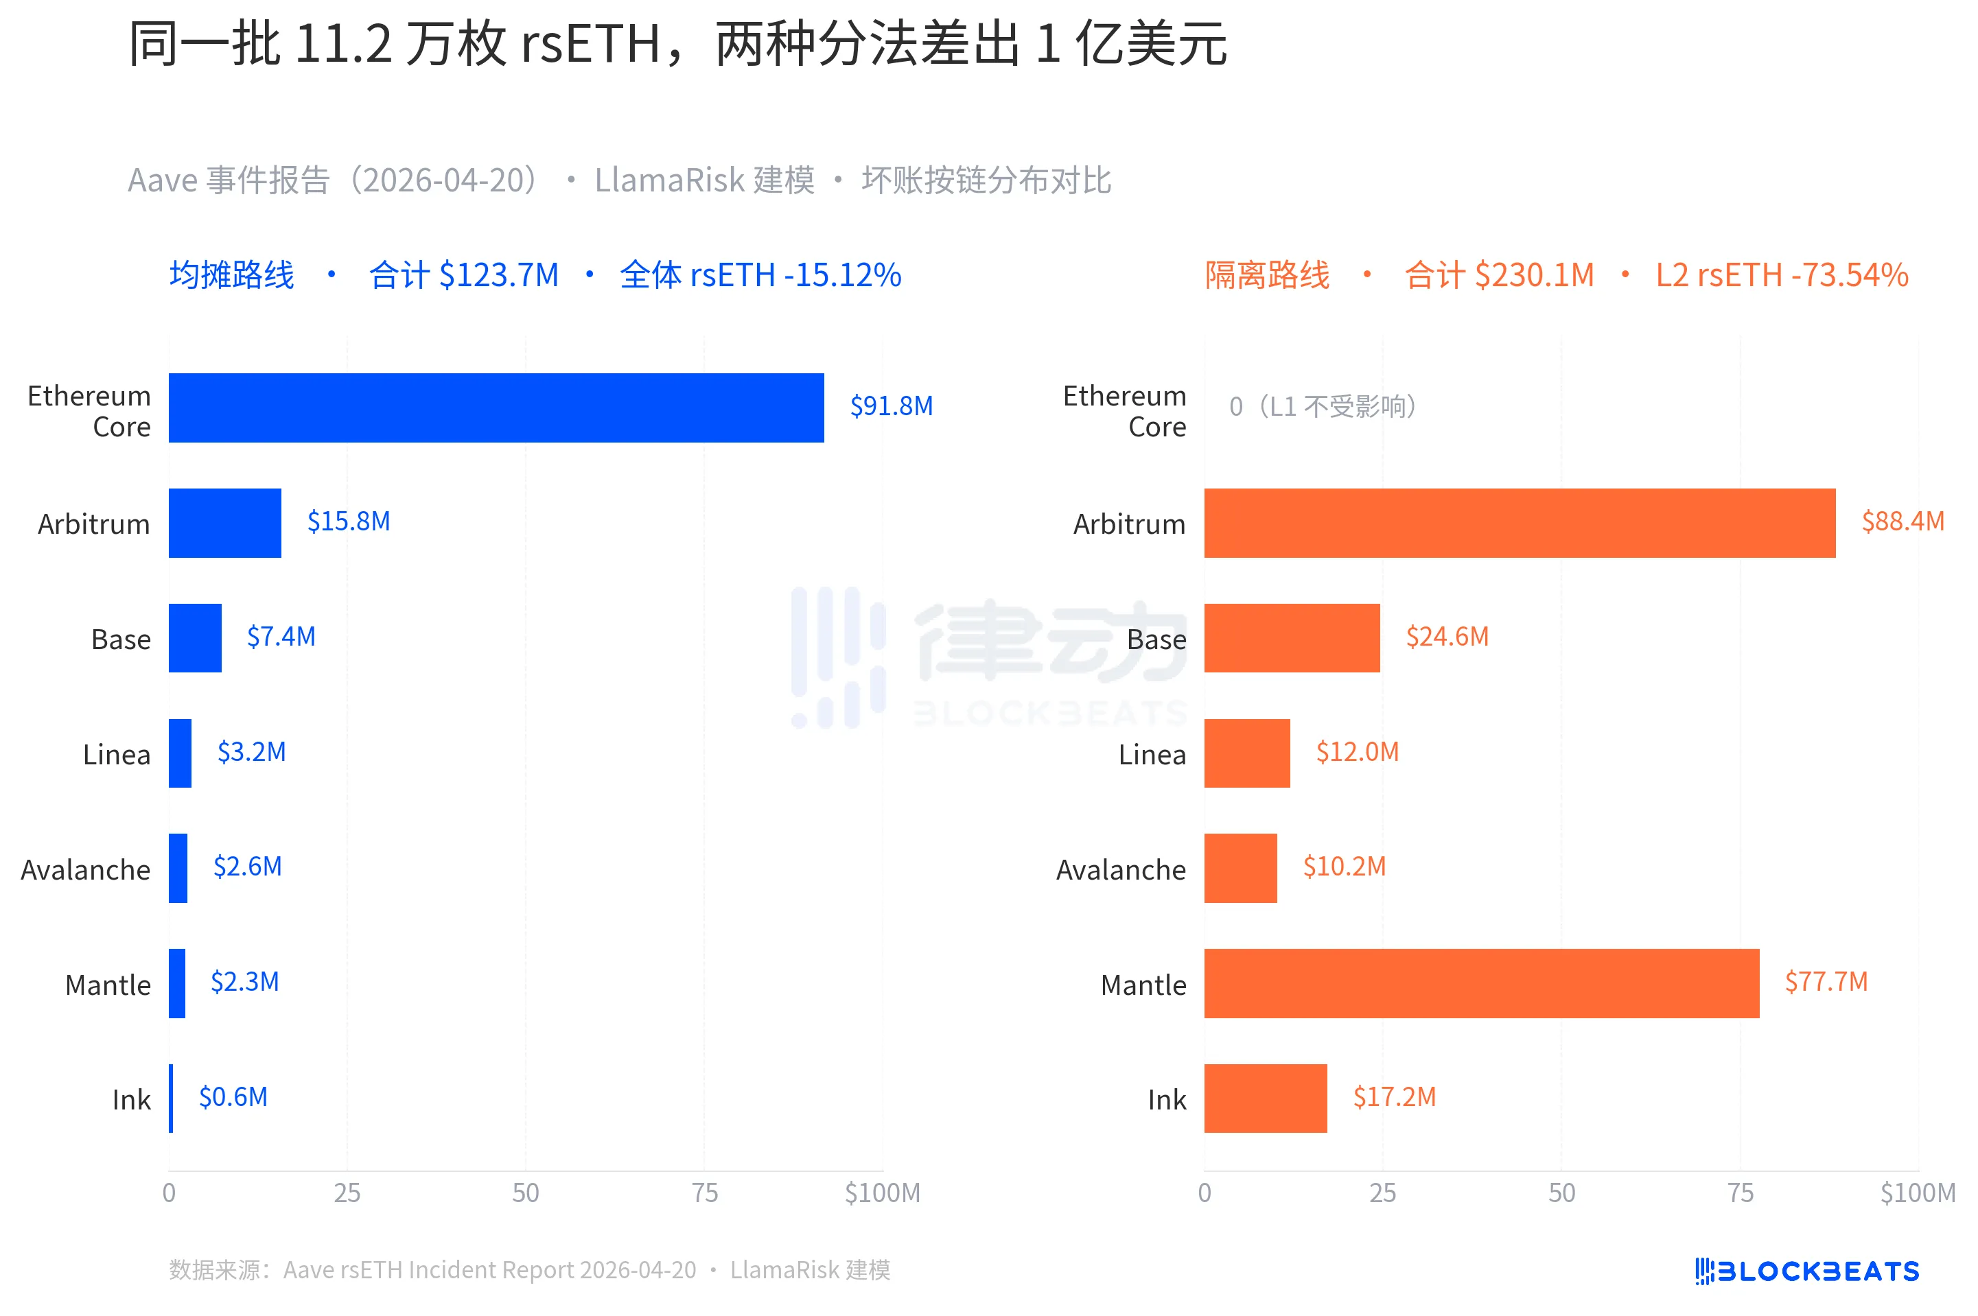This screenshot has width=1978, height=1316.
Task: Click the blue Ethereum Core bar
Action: tap(496, 408)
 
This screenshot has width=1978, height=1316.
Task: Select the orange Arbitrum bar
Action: tap(1519, 523)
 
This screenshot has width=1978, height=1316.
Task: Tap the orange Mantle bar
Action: tap(1481, 984)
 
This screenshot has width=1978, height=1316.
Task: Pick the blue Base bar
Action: tap(195, 638)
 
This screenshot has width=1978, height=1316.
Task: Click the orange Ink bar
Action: tap(1265, 1098)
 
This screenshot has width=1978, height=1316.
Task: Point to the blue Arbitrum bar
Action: tap(225, 523)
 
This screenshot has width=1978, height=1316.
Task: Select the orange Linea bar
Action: tap(1247, 753)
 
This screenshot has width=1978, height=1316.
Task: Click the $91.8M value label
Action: tap(891, 406)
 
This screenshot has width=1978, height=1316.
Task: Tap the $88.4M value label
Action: tap(1903, 521)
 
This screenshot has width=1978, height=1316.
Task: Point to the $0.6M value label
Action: tap(233, 1097)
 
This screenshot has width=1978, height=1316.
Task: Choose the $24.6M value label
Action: tap(1447, 636)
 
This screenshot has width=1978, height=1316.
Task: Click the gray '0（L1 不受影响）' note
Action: tap(1323, 407)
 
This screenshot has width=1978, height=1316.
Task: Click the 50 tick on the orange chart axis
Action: tap(1561, 1192)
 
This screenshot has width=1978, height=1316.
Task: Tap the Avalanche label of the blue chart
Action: tap(86, 869)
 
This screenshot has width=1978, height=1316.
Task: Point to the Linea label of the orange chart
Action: tap(1152, 755)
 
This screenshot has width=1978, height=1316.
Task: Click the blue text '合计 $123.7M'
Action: tap(463, 275)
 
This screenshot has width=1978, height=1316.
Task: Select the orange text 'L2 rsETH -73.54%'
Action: tap(1782, 275)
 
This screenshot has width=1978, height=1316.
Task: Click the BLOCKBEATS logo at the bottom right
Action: tap(1806, 1271)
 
